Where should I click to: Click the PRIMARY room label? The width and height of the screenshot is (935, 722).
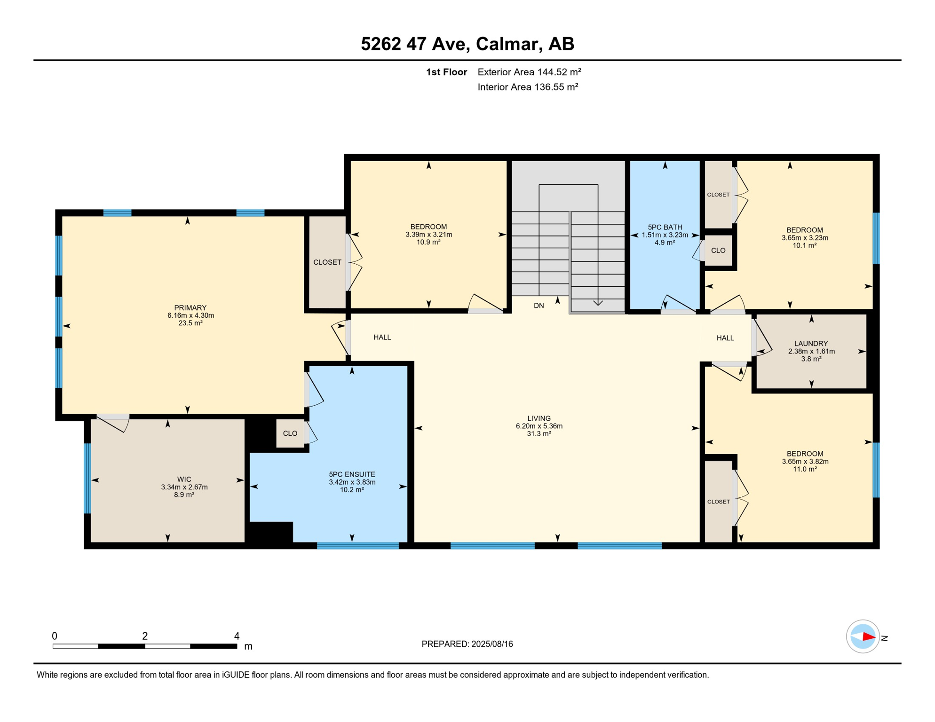point(190,308)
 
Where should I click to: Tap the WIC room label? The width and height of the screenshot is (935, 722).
point(184,479)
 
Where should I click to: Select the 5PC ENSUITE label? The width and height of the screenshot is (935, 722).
point(352,474)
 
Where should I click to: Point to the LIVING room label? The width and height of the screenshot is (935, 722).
point(539,418)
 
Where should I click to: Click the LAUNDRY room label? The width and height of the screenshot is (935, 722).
point(811,344)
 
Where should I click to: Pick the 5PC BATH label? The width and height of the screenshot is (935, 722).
point(665,227)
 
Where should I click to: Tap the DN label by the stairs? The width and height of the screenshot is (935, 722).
point(539,306)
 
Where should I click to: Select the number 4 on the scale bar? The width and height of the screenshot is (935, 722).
point(237,636)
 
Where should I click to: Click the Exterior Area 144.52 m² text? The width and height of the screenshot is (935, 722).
point(530,72)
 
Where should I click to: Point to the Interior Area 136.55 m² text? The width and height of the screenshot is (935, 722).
point(528,87)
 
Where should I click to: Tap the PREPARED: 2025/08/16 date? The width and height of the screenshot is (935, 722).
point(467,644)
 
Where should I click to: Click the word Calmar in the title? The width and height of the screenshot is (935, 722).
point(506,44)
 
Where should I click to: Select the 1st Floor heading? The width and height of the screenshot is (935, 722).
point(446,72)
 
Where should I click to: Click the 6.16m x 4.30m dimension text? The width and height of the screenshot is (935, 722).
point(190,315)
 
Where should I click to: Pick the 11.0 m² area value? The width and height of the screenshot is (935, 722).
point(805,469)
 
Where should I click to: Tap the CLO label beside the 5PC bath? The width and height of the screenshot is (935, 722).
point(718,251)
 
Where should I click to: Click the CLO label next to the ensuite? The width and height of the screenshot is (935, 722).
point(290,433)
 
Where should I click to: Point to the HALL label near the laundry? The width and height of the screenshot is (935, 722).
point(725,338)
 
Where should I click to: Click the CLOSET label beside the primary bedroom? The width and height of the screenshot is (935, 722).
point(327,262)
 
